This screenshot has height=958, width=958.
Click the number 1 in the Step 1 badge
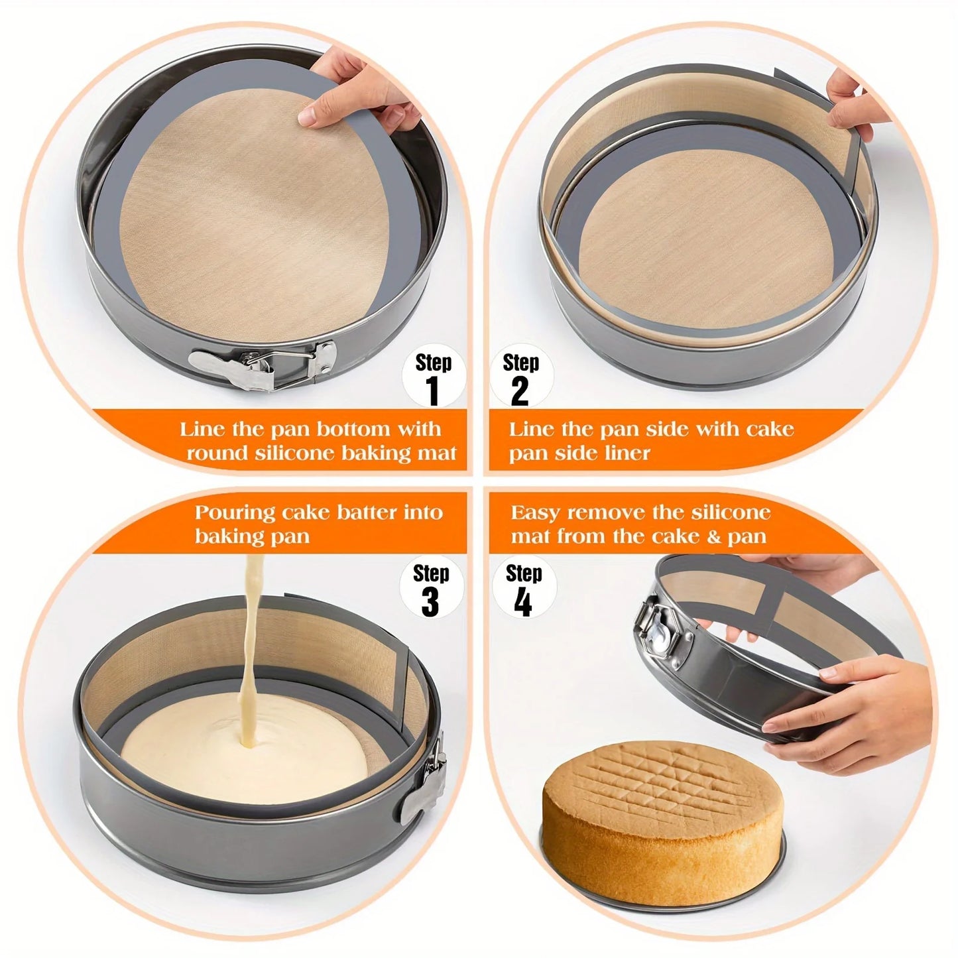(x=434, y=390)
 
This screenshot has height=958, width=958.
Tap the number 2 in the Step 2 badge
(x=520, y=390)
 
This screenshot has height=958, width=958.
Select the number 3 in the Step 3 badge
(x=430, y=601)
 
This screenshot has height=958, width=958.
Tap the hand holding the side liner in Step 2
(x=855, y=99)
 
